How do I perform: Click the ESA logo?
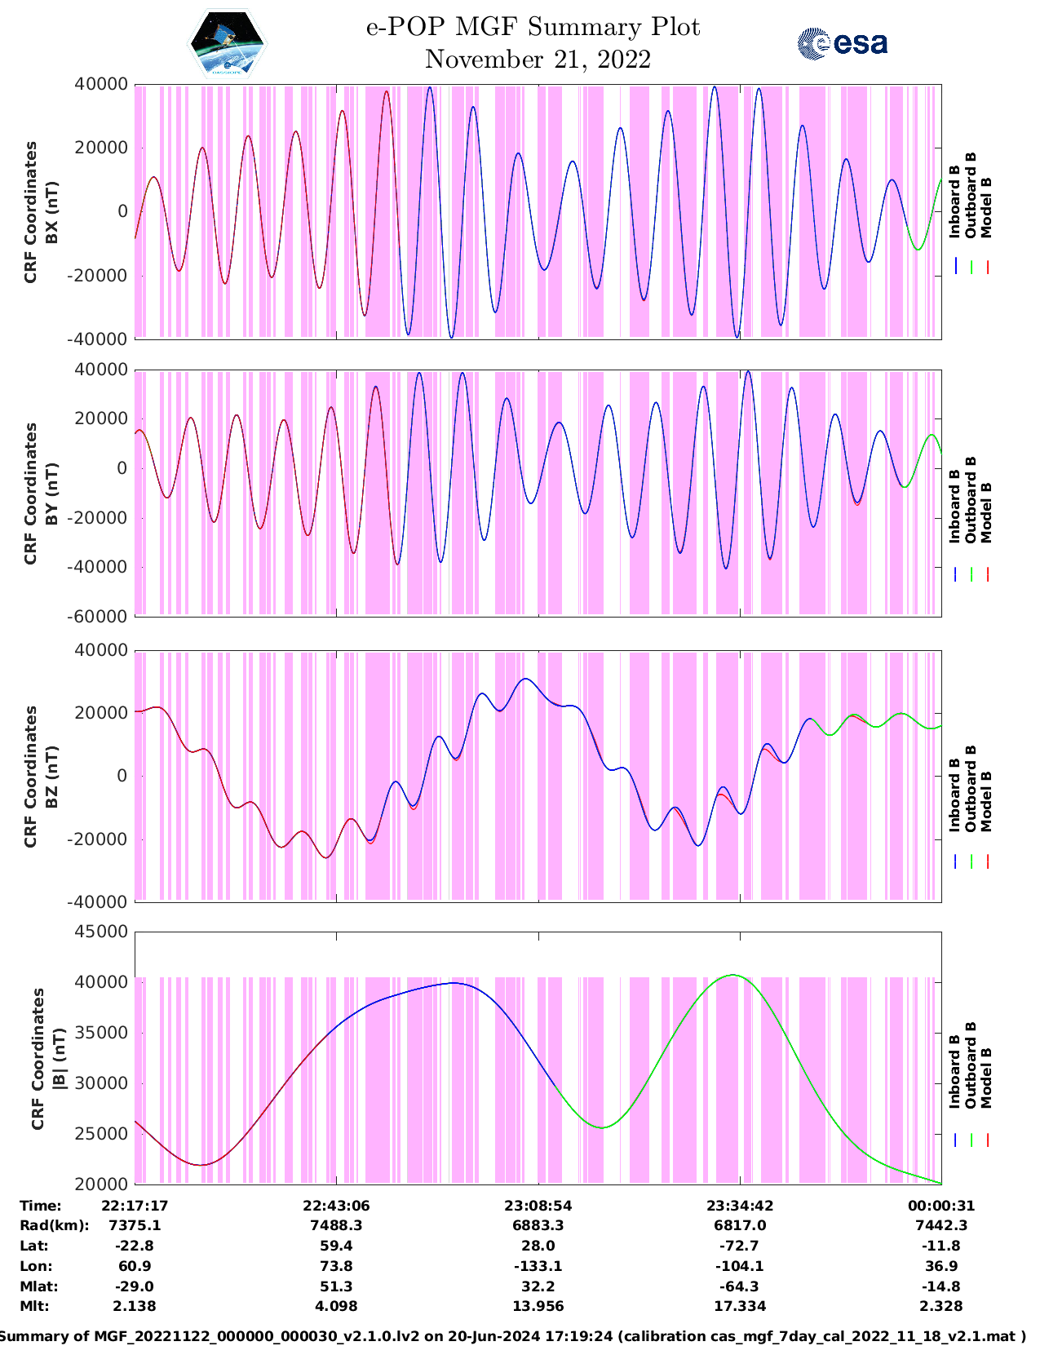[x=842, y=43]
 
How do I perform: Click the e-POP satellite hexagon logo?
[x=228, y=42]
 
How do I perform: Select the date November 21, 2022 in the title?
[x=538, y=60]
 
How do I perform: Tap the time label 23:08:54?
[x=538, y=1206]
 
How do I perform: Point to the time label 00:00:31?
[x=941, y=1206]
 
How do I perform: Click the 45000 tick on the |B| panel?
[x=102, y=932]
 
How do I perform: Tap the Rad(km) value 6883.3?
[x=538, y=1225]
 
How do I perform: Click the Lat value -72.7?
[x=740, y=1246]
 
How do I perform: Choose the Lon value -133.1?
[x=538, y=1266]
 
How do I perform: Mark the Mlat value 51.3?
[x=336, y=1286]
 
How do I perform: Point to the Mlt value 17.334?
[x=740, y=1306]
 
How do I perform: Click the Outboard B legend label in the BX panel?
[x=971, y=196]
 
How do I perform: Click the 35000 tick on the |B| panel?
[x=102, y=1033]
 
